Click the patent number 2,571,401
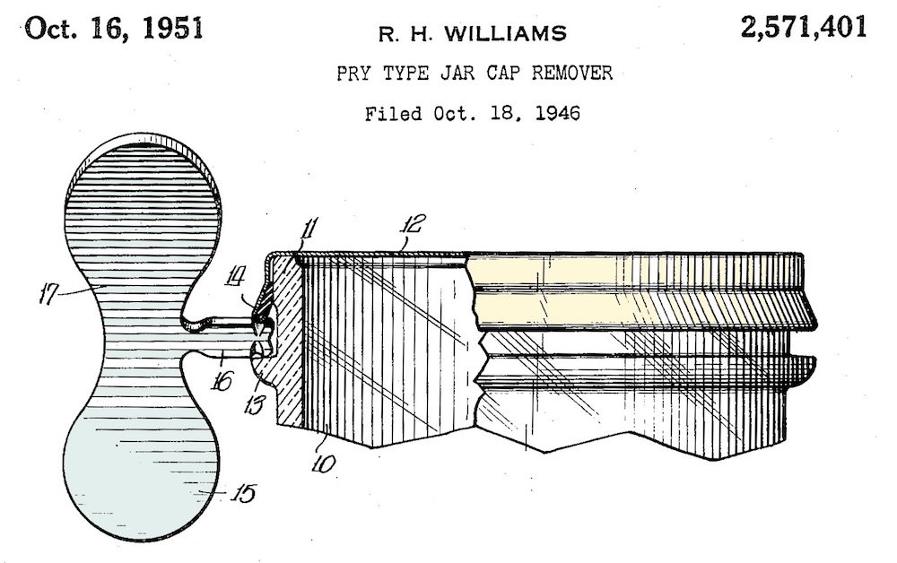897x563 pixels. [x=804, y=28]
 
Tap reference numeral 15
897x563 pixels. [x=242, y=492]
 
